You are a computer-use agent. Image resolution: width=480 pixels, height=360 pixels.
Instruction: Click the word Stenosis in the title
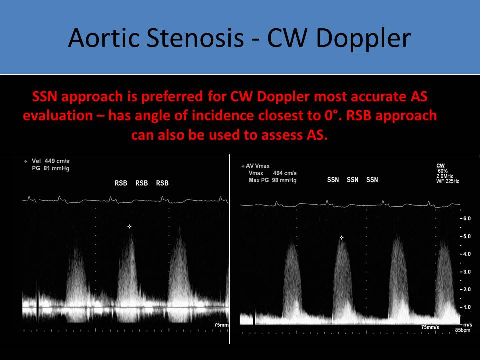pos(195,38)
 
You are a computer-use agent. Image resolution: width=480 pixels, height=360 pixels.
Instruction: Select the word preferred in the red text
pos(172,96)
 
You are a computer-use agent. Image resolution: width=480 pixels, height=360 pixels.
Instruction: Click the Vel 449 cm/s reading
pos(51,161)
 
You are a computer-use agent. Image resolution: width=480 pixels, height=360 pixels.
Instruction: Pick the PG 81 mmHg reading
pos(51,168)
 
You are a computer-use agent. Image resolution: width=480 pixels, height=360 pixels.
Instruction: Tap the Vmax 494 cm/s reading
pos(273,173)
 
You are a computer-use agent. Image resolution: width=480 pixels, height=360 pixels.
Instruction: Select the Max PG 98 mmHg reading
pos(273,180)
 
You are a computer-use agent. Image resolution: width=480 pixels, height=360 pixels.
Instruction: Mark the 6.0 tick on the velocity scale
pos(466,218)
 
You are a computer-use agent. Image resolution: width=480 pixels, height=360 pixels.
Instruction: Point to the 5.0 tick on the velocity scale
pos(466,236)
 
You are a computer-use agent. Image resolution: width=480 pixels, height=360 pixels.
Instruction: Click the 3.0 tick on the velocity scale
pos(466,272)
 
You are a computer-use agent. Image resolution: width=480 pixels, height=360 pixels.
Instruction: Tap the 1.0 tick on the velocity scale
pos(466,307)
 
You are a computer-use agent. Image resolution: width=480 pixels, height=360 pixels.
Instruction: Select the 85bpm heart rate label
pos(462,330)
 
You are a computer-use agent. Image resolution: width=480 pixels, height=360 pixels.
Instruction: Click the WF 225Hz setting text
pos(448,181)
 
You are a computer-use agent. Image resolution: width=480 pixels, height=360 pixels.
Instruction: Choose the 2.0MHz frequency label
pos(445,176)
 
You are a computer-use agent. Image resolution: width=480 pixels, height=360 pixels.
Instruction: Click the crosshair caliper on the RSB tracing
pos(130,226)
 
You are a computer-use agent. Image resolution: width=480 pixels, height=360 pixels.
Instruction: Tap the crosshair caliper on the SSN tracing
pos(341,237)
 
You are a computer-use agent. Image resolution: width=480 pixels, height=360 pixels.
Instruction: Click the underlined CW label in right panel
pos(441,166)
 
